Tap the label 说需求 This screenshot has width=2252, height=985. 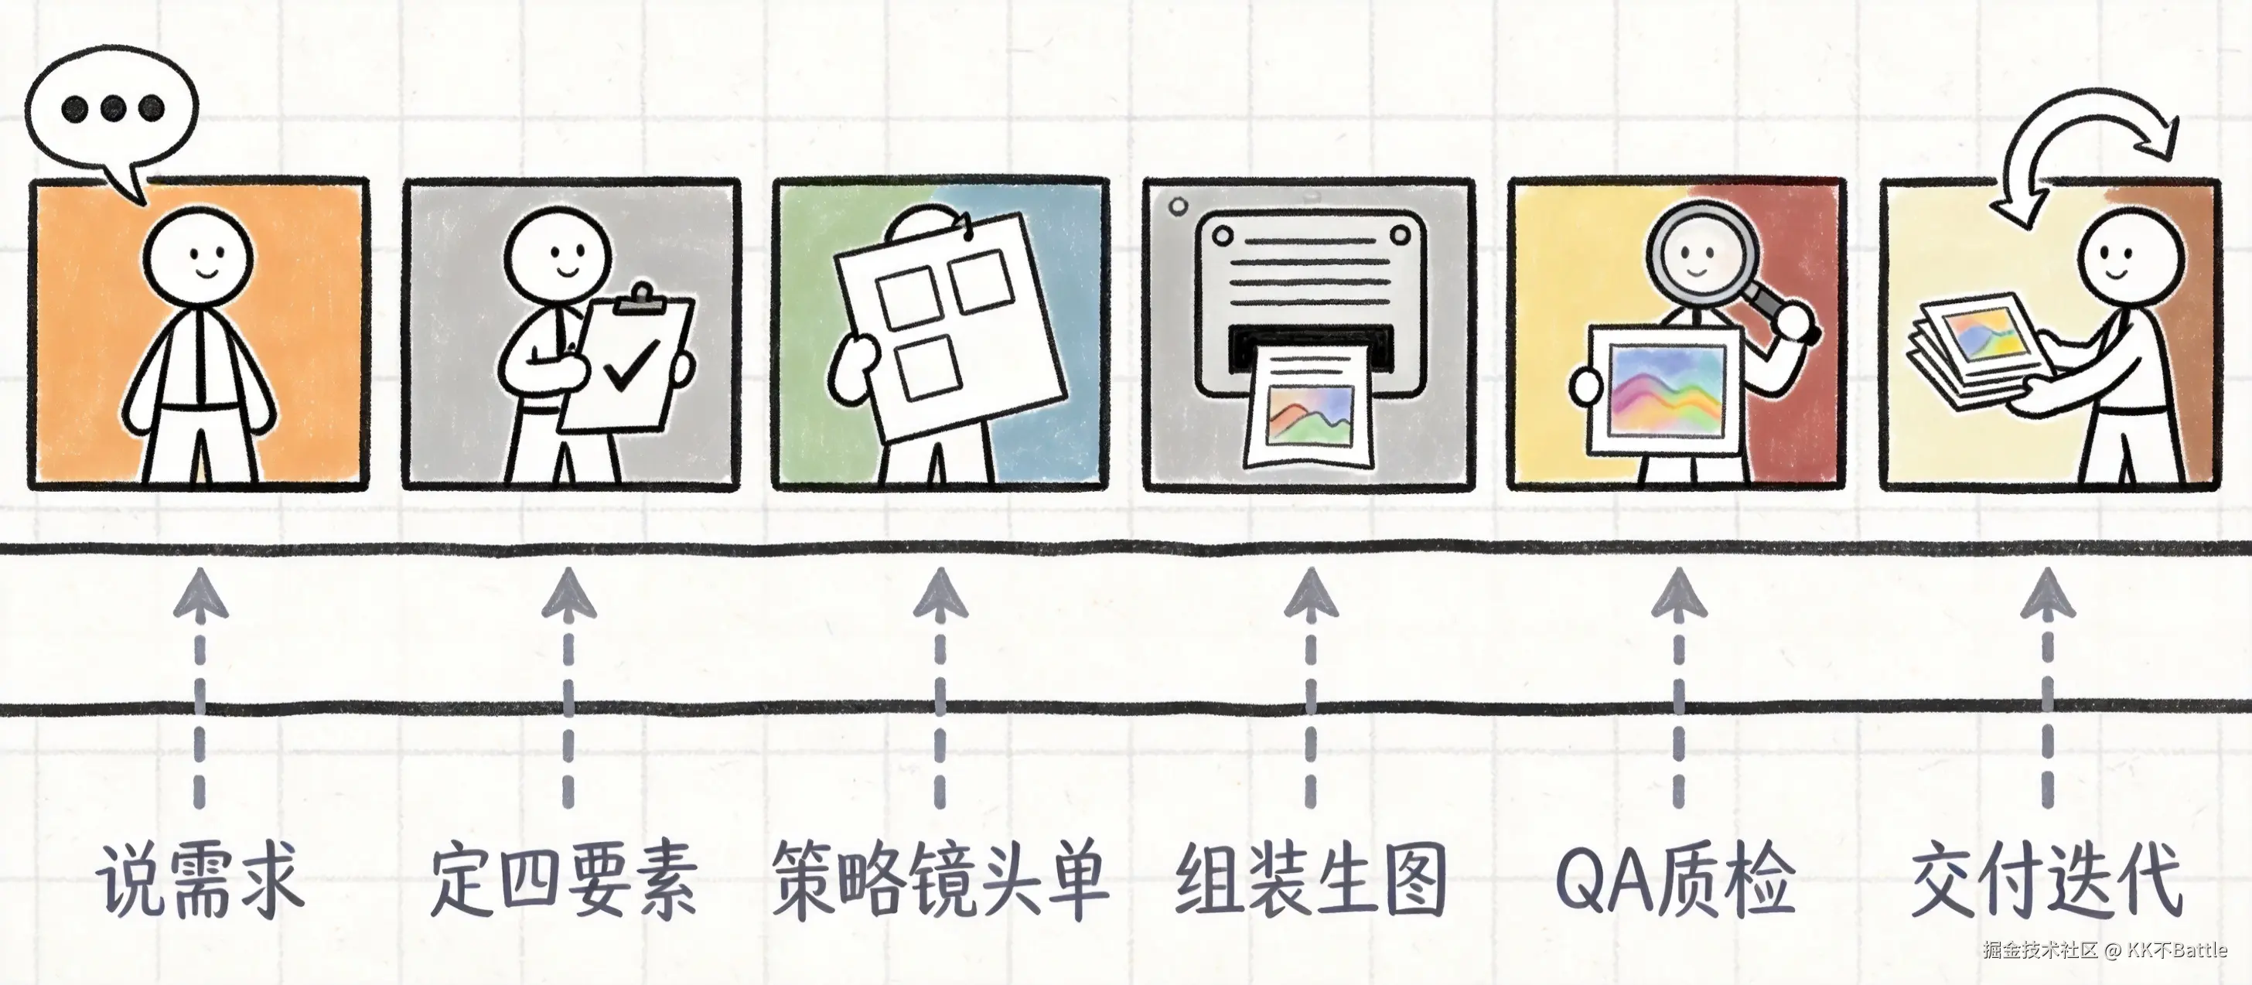200,880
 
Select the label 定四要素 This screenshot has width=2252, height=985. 565,880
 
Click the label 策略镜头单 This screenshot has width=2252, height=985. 940,880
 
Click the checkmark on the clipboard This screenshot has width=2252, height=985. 631,364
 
